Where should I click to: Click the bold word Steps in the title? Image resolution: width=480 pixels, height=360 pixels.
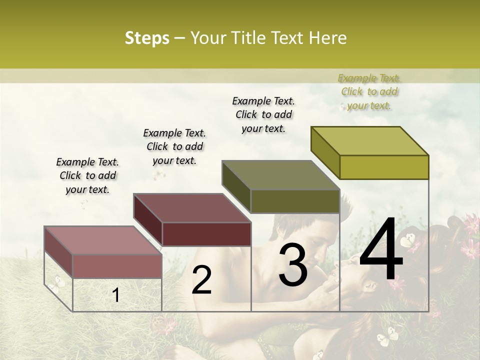coord(147,38)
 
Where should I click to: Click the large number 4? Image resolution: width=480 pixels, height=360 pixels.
coord(381,250)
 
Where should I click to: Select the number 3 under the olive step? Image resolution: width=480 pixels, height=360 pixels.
coord(292,265)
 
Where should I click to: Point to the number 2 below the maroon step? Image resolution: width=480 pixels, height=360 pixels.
coord(201,280)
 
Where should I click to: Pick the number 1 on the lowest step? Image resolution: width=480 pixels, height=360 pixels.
coord(116,295)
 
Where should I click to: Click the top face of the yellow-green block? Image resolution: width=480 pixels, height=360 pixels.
coord(370,141)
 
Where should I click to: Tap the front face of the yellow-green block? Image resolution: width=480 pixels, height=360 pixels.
coord(384,167)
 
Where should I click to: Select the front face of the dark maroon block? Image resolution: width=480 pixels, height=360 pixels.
coord(206,234)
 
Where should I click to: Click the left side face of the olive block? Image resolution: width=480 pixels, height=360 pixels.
coord(236,187)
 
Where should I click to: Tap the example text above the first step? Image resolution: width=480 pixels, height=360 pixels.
coord(87,175)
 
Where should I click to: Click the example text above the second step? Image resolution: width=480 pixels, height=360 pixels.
coord(174,146)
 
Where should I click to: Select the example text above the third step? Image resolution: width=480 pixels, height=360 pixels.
coord(263,114)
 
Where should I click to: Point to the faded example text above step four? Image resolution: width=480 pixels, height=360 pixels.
coord(369,91)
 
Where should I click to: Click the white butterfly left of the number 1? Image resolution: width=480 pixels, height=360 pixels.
coord(58,283)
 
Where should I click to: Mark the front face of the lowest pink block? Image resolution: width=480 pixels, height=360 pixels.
coord(117,266)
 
